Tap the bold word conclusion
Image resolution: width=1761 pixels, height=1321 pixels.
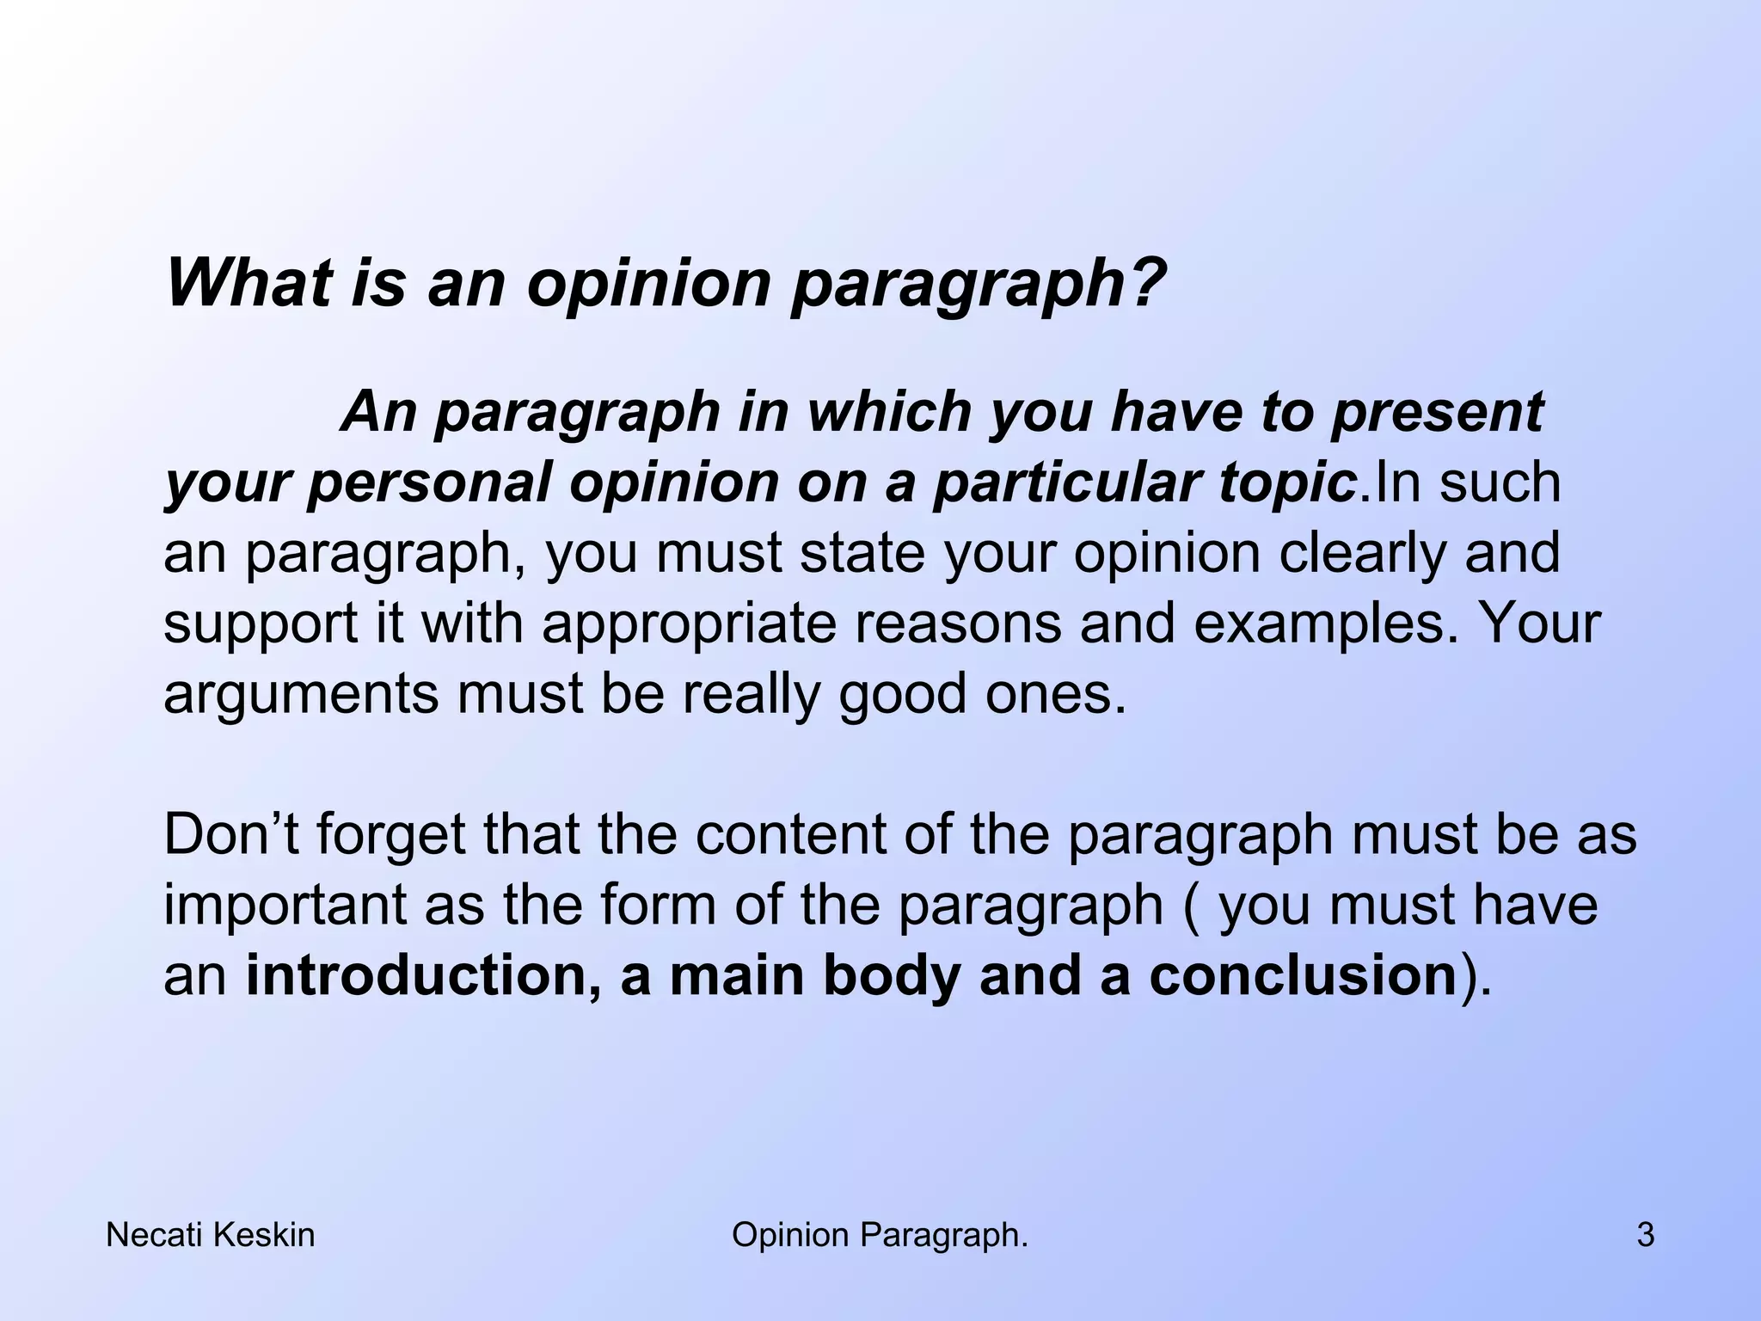point(1302,976)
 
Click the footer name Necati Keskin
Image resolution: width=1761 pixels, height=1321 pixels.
point(210,1236)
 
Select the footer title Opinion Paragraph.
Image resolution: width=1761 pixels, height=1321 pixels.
point(880,1236)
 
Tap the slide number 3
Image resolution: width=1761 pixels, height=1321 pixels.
point(1645,1236)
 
